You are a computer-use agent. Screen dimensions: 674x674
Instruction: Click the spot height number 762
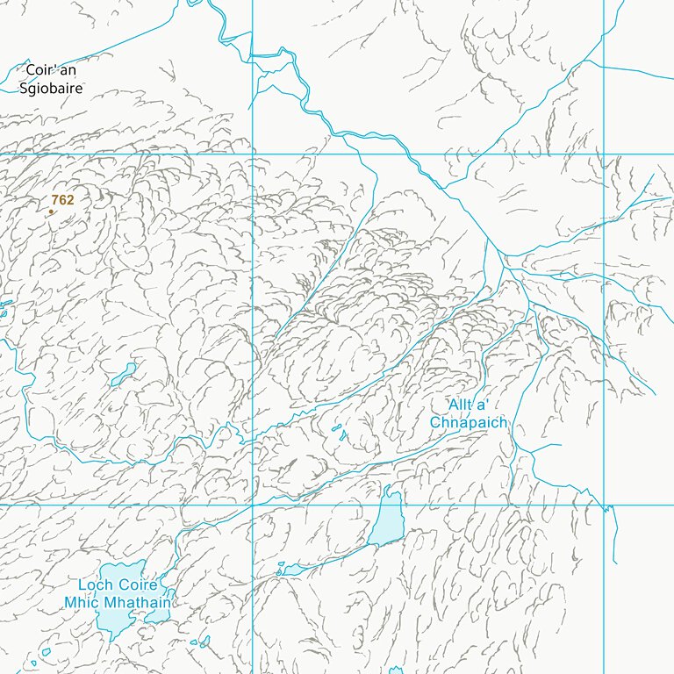coord(62,200)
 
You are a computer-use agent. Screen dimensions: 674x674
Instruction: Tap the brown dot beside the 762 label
coord(51,212)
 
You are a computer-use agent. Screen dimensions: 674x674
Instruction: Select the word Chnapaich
coord(468,422)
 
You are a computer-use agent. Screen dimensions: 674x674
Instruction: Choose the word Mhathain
coord(140,603)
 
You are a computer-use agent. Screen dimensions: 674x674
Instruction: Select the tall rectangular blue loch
coord(387,520)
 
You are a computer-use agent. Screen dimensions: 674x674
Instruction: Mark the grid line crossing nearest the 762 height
coord(253,154)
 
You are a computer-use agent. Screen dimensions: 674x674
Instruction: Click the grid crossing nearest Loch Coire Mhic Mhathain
coord(253,505)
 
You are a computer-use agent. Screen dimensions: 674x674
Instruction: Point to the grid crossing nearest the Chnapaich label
coord(604,505)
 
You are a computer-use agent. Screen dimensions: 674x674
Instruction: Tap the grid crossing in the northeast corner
coord(604,154)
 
